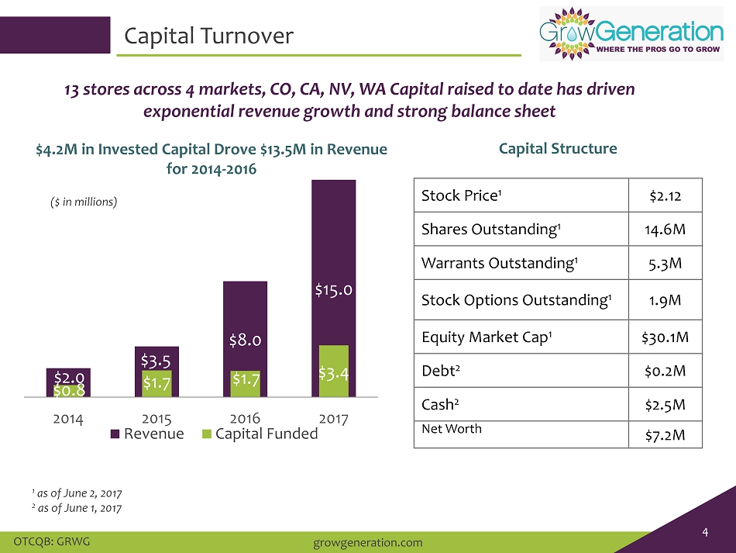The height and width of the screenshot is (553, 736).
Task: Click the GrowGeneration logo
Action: click(631, 34)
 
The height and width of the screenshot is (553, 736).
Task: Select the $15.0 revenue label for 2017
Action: click(333, 290)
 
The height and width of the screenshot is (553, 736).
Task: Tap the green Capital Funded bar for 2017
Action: click(334, 372)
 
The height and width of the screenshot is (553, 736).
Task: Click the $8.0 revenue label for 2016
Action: click(245, 340)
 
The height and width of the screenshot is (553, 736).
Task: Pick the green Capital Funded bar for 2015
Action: click(156, 384)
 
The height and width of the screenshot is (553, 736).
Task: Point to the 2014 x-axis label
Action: click(68, 419)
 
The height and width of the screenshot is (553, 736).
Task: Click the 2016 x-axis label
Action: click(245, 418)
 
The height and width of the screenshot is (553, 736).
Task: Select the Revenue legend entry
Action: click(147, 434)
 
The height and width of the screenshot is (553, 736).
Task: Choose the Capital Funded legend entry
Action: click(260, 434)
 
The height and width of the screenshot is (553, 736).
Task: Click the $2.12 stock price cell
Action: click(665, 195)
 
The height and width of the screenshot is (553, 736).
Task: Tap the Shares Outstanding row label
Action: click(490, 230)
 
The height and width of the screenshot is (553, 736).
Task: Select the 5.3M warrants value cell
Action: click(665, 263)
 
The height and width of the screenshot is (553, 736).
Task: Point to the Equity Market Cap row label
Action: click(487, 337)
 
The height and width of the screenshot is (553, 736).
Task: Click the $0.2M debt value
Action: click(665, 372)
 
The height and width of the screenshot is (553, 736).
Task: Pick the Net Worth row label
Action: click(452, 428)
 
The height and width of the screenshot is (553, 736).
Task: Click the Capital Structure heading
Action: click(558, 148)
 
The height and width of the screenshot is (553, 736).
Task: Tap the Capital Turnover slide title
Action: click(209, 36)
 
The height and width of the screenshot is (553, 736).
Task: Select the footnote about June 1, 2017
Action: click(77, 508)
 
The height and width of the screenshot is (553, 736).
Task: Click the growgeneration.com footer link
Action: click(368, 543)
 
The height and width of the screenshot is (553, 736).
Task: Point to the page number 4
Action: click(705, 532)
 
